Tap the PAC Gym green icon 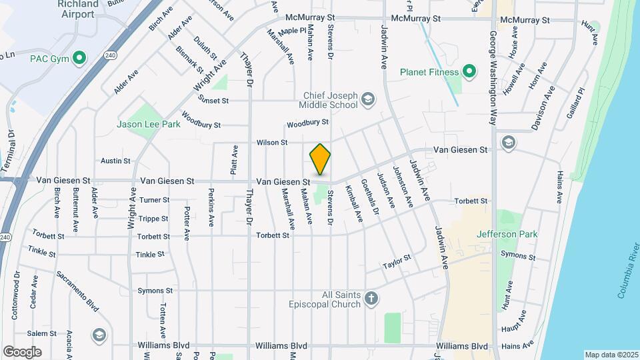point(80,58)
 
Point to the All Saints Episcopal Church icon point(372,299)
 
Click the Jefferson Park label point(507,234)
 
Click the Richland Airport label point(79,7)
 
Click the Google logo point(22,351)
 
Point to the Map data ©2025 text point(610,355)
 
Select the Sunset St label point(215,101)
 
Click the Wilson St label point(272,143)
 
